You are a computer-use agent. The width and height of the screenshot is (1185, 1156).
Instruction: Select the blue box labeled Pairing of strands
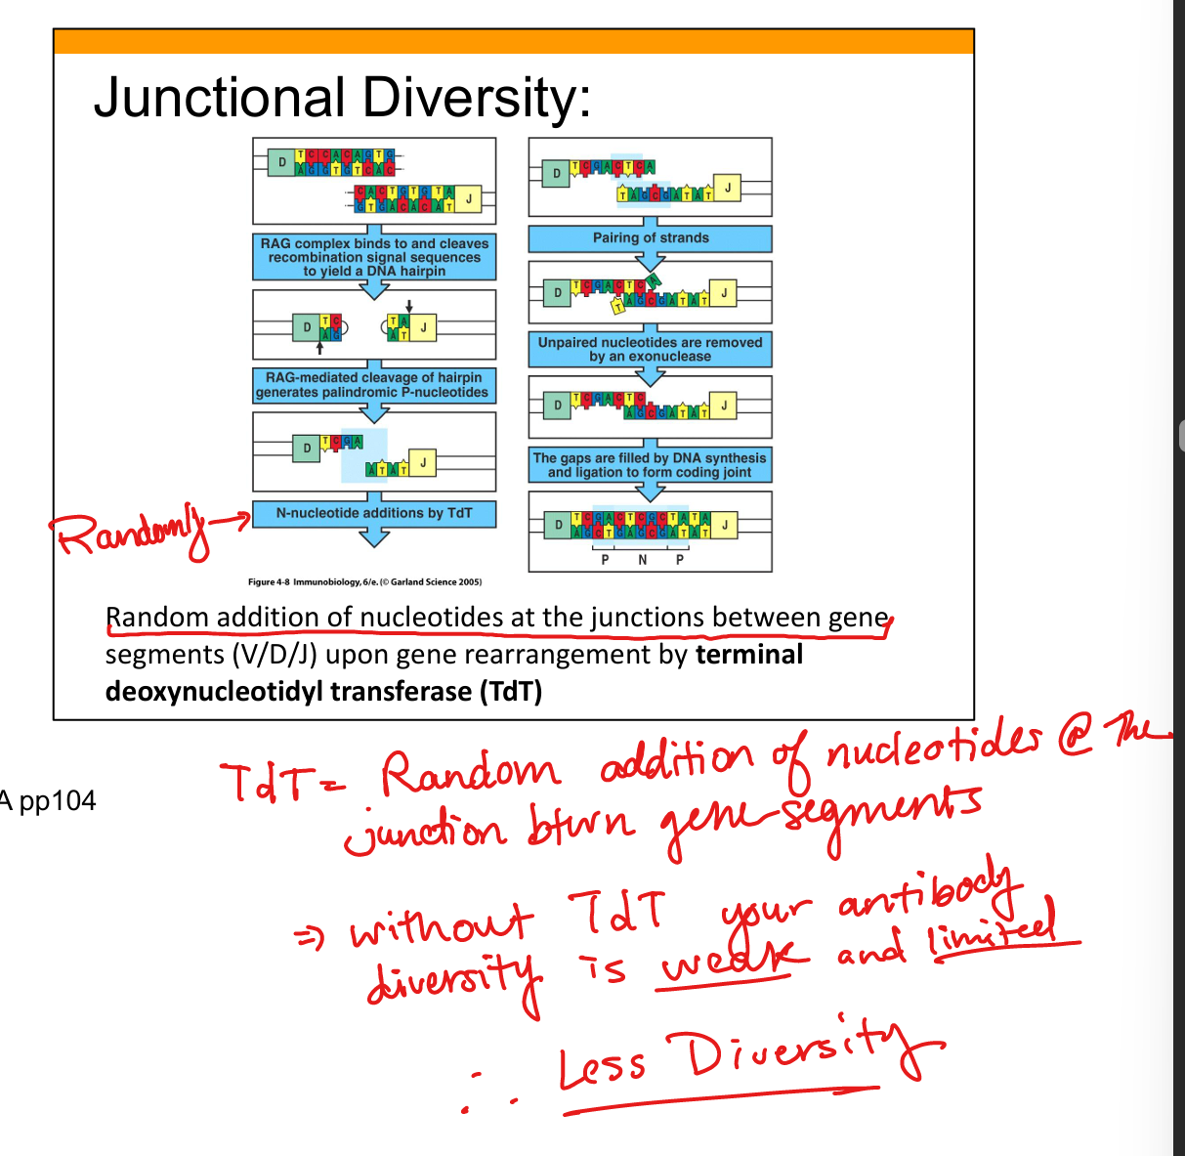(651, 238)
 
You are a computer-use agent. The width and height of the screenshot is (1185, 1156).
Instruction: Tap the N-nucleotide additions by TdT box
(374, 513)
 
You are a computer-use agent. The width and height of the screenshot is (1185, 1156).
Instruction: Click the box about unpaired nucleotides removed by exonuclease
(650, 350)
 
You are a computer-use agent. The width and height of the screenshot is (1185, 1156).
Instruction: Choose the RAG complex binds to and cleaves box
(374, 257)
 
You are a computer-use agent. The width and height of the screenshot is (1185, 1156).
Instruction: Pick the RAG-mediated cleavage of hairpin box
(373, 385)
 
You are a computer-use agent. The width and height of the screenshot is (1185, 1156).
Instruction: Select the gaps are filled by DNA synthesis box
(650, 465)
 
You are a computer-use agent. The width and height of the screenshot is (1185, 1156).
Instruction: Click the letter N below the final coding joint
(642, 560)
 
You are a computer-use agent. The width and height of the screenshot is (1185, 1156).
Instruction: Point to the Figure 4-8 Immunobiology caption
(364, 582)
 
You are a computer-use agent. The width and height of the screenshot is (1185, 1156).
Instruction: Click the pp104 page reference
(58, 801)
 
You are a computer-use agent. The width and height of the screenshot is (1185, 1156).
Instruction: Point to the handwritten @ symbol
(1076, 740)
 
